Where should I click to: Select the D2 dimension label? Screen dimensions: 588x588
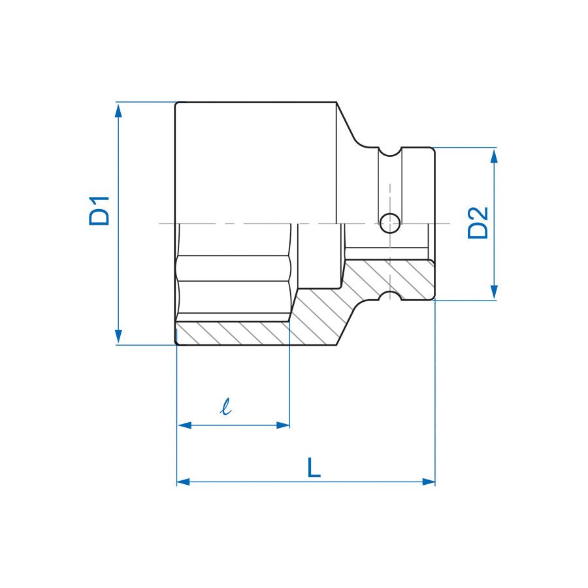pyautogui.click(x=478, y=223)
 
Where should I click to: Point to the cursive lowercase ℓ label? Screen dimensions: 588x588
pyautogui.click(x=225, y=408)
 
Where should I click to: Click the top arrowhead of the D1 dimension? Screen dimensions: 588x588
pyautogui.click(x=118, y=110)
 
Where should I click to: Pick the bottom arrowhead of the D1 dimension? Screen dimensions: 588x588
pyautogui.click(x=118, y=336)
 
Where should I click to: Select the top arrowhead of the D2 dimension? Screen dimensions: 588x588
pyautogui.click(x=495, y=155)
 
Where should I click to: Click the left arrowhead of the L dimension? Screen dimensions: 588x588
pyautogui.click(x=184, y=482)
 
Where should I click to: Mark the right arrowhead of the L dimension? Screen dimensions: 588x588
pyautogui.click(x=428, y=482)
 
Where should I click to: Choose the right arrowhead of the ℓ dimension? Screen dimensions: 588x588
pyautogui.click(x=283, y=425)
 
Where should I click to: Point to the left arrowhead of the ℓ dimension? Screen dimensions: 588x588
pyautogui.click(x=184, y=425)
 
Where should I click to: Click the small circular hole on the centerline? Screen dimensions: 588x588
pyautogui.click(x=390, y=223)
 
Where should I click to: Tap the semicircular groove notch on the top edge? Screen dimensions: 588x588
pyautogui.click(x=390, y=152)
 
